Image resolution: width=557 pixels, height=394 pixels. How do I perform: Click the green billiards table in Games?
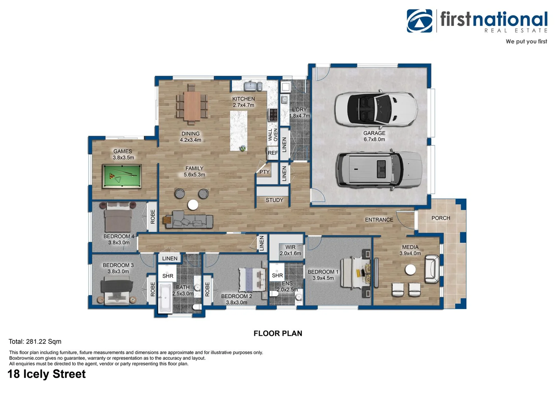click(x=122, y=176)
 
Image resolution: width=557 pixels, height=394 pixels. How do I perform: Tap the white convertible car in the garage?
click(x=376, y=109)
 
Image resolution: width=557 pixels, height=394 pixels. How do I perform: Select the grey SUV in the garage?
click(x=379, y=170)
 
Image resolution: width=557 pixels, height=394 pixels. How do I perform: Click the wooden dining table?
click(x=192, y=106)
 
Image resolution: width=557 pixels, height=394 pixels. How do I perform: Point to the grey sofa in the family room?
click(x=189, y=220)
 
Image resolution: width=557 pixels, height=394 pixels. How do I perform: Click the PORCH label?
click(x=441, y=218)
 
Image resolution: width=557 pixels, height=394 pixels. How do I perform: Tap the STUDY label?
click(x=274, y=200)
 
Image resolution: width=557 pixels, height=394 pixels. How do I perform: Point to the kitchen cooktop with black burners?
click(x=273, y=115)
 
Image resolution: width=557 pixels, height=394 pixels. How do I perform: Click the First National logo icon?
click(x=419, y=21)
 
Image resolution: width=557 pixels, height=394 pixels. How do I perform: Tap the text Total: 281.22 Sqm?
click(x=35, y=341)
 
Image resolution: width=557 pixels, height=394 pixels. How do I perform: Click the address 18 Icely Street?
click(x=46, y=374)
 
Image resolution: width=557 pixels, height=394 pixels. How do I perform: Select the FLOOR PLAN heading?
click(x=278, y=333)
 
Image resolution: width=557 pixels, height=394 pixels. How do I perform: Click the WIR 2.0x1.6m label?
click(x=290, y=250)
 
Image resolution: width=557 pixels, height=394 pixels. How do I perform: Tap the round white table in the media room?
click(x=410, y=270)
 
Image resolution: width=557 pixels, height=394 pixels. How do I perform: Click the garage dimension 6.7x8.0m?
click(x=374, y=139)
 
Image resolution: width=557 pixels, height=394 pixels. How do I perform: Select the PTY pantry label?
click(x=264, y=172)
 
